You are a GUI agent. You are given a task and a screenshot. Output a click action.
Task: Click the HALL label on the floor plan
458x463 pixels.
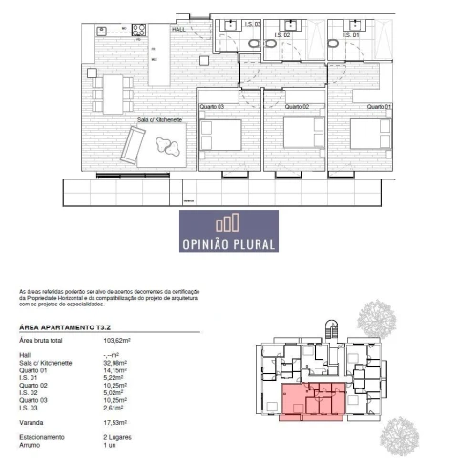(177, 30)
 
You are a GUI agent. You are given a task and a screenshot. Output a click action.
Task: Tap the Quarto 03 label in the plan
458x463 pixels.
(211, 107)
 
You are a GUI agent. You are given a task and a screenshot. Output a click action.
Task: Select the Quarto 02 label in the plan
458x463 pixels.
(301, 107)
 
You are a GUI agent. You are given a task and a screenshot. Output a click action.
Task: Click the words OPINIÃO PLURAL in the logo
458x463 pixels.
(229, 244)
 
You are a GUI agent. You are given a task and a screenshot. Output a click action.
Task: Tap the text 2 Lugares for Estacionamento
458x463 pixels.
(118, 438)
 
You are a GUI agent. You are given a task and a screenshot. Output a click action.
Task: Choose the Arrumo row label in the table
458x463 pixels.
(31, 445)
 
